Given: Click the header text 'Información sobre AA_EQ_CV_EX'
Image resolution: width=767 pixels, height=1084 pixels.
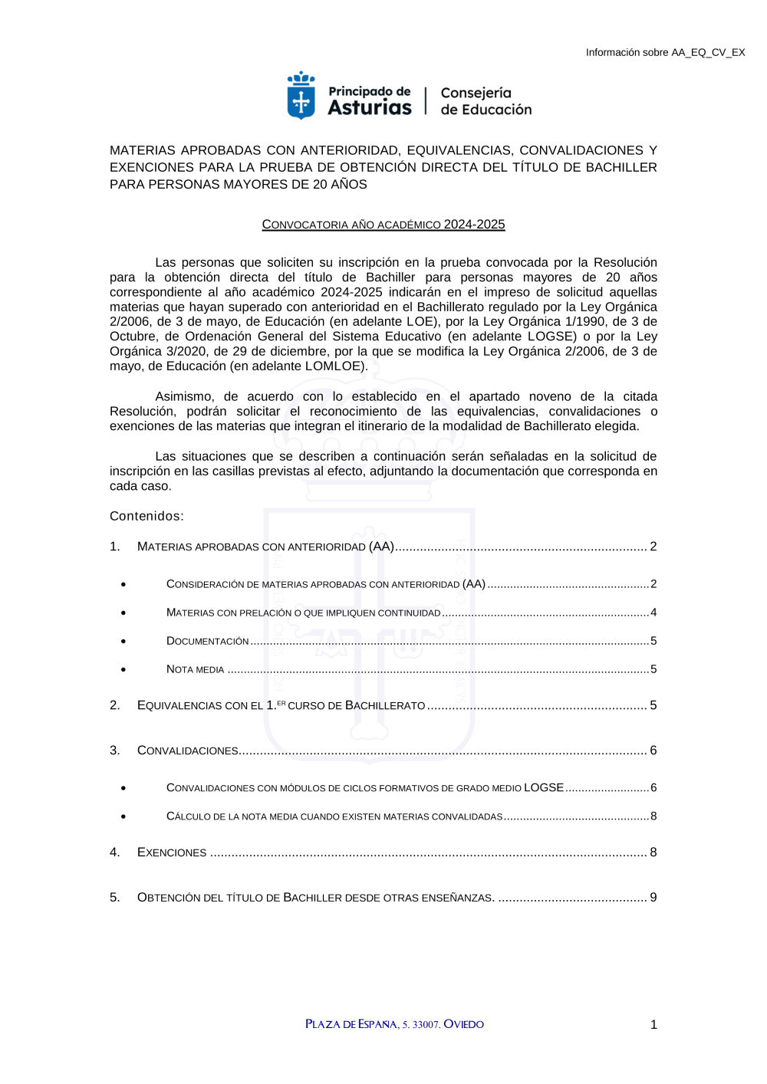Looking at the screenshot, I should pyautogui.click(x=665, y=53).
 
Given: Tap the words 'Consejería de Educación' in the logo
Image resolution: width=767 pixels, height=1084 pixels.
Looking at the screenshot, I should pyautogui.click(x=486, y=101).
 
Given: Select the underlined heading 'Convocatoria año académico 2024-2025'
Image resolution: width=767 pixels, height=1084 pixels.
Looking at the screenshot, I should pyautogui.click(x=383, y=225).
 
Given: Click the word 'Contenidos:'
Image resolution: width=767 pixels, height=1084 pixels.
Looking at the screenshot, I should pyautogui.click(x=146, y=516).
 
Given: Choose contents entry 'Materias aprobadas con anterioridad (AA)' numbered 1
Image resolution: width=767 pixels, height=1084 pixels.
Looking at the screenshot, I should pyautogui.click(x=265, y=547).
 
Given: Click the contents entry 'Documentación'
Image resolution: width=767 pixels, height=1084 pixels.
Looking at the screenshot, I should pyautogui.click(x=208, y=641).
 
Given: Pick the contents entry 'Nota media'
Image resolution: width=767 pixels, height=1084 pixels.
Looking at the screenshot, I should pyautogui.click(x=196, y=669).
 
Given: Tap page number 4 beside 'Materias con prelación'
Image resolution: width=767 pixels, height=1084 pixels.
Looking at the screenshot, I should pyautogui.click(x=653, y=613).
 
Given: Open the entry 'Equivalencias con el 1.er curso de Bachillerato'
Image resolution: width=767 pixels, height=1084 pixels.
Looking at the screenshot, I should pyautogui.click(x=281, y=705).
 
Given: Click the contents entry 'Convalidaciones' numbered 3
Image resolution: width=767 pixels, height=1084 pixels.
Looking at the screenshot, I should pyautogui.click(x=188, y=751).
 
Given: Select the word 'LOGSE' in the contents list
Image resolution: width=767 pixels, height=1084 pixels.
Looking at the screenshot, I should pyautogui.click(x=544, y=788).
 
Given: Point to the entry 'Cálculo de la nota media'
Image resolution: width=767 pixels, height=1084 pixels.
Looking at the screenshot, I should pyautogui.click(x=334, y=816).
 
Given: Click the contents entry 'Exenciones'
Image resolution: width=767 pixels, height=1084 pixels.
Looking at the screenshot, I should pyautogui.click(x=172, y=852).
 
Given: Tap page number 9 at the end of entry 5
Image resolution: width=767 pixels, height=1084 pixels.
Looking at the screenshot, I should pyautogui.click(x=653, y=898).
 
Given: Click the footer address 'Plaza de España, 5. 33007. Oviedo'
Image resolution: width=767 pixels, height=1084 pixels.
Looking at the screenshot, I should pyautogui.click(x=394, y=1024).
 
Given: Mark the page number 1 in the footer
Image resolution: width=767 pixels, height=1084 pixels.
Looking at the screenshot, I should pyautogui.click(x=653, y=1025).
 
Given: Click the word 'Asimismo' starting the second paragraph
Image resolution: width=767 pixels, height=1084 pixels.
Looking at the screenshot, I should pyautogui.click(x=185, y=396).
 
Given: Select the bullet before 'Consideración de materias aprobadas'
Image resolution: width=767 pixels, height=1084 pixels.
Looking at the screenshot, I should pyautogui.click(x=123, y=585).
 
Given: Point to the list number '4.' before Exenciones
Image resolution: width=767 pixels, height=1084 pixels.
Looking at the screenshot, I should pyautogui.click(x=115, y=852).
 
